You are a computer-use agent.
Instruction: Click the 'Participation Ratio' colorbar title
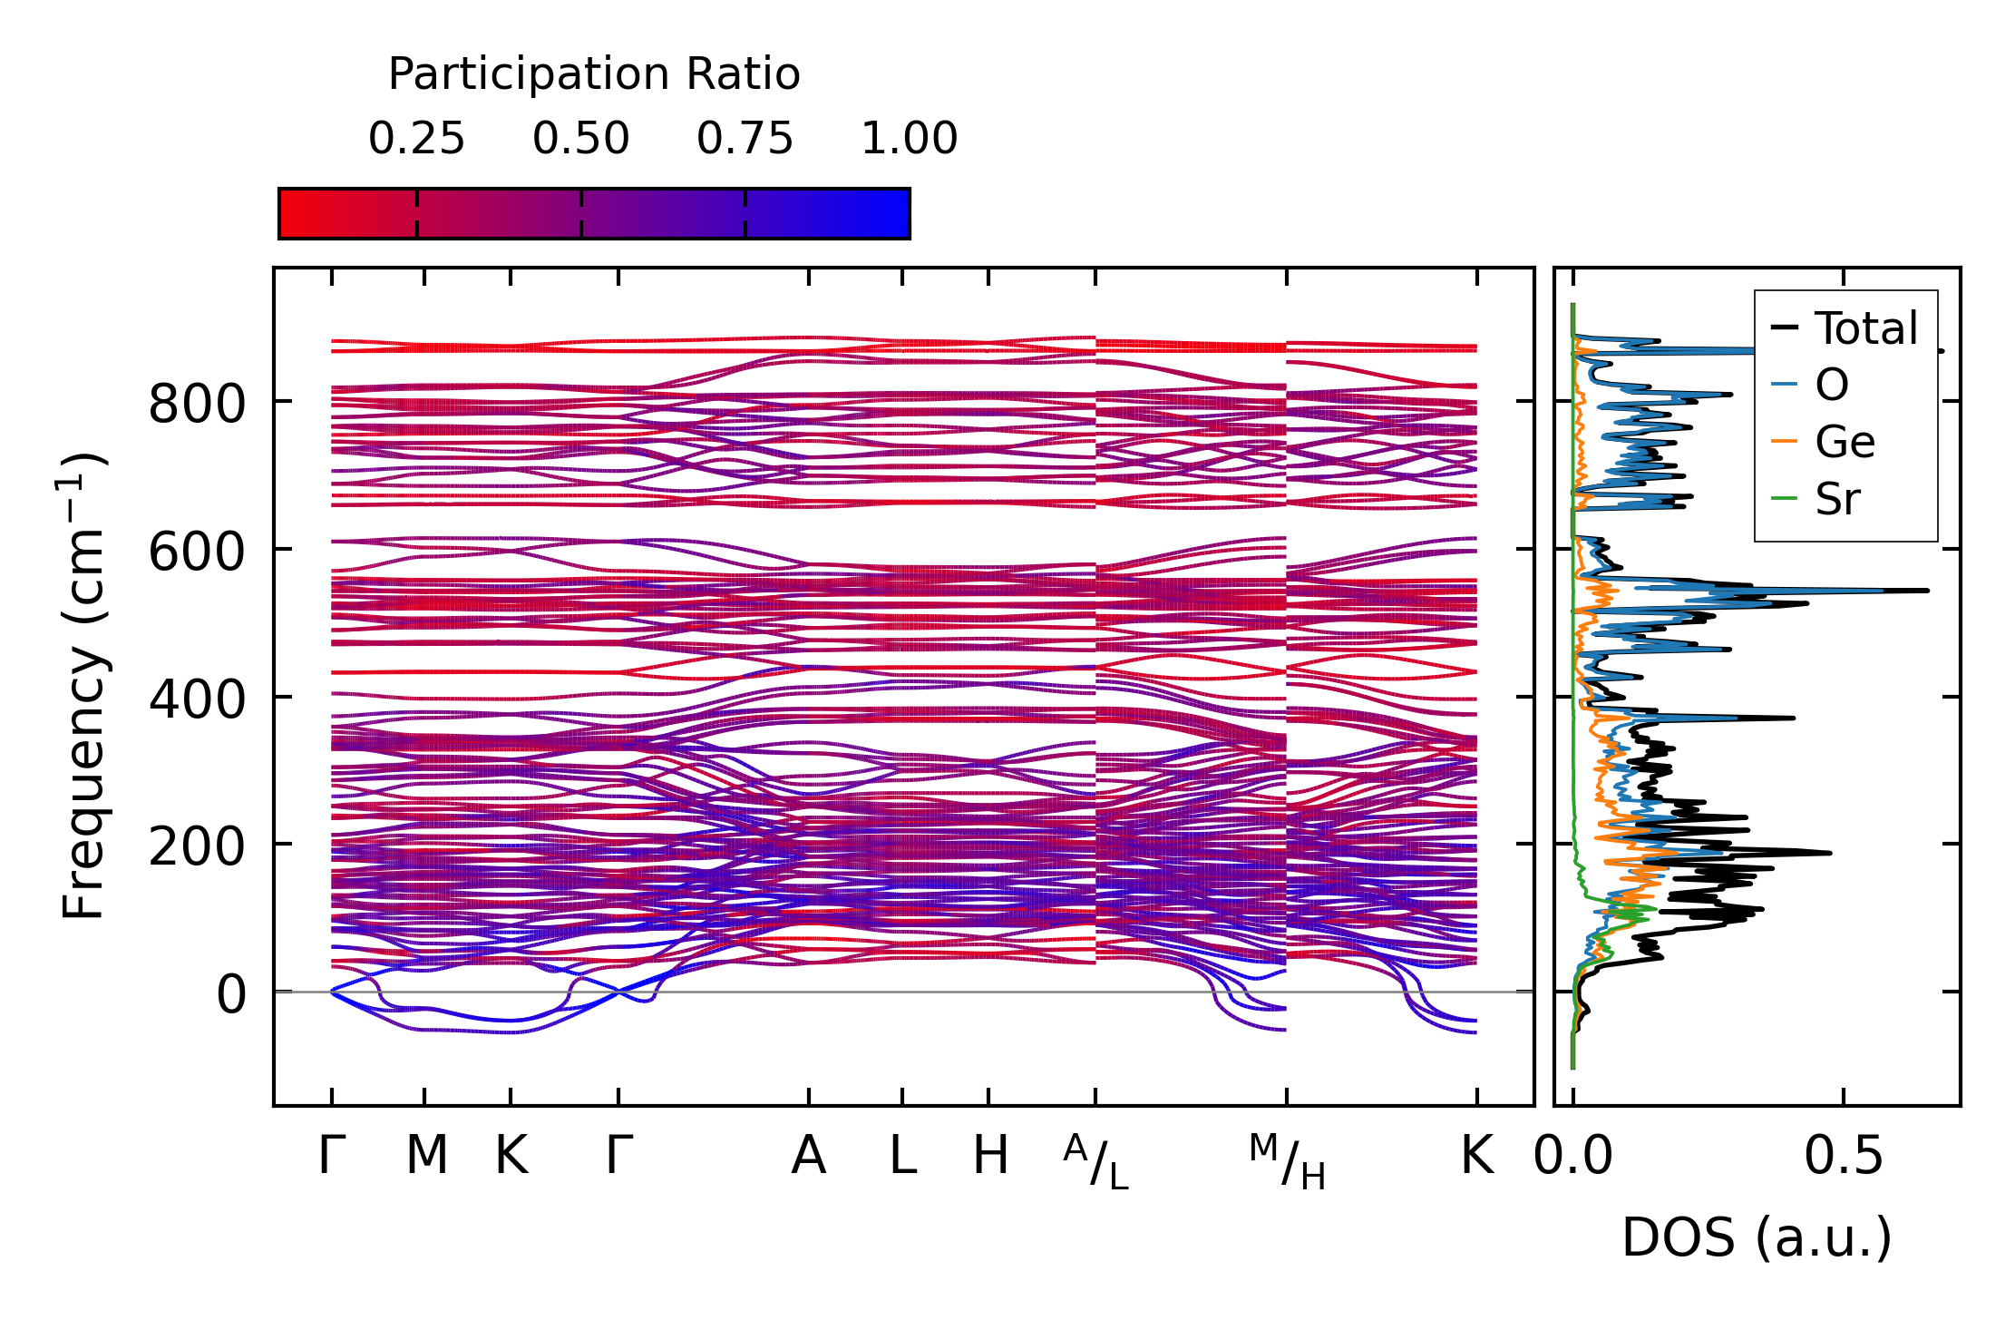594,74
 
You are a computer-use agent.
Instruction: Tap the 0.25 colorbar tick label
416,139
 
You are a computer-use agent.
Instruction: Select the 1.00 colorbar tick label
909,139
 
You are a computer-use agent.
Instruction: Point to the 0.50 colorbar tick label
580,139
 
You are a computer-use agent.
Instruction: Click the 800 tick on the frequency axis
197,404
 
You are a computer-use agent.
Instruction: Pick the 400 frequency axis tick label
197,699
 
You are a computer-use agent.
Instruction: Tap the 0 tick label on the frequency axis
230,994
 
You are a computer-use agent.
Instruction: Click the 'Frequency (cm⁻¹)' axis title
83,686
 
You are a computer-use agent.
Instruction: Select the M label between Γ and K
425,1156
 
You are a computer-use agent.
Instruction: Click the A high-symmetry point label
808,1156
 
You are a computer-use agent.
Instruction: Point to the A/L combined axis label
1095,1162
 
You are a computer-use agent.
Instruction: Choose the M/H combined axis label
1287,1162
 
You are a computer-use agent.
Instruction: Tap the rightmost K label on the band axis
1476,1156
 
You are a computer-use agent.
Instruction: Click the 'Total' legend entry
1865,328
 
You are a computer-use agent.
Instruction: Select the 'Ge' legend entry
1845,442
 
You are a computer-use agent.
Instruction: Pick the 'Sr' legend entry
1837,498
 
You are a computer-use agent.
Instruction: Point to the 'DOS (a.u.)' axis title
1757,1237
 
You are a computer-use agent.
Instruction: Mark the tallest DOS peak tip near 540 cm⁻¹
1926,591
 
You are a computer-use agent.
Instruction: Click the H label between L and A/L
989,1156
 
